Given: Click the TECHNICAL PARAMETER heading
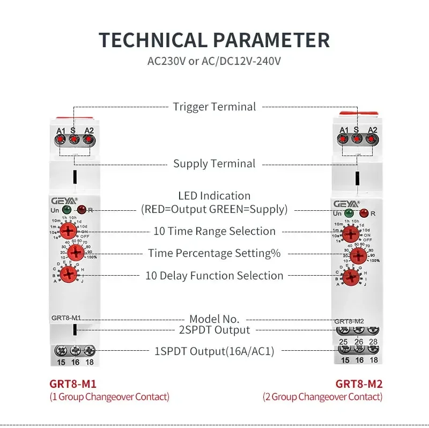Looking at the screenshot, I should point(214,41).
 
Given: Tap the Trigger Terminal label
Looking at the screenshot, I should point(214,107).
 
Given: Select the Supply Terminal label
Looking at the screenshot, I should point(214,164).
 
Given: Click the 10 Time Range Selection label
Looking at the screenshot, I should point(214,231).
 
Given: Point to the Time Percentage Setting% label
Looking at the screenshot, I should point(214,253).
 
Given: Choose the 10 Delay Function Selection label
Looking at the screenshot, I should point(214,276).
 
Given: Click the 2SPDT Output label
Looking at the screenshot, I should point(214,330).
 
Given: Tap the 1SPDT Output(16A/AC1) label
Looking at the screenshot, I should point(214,351).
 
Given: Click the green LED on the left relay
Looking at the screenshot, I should point(66,210).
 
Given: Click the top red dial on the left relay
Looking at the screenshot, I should point(68,231).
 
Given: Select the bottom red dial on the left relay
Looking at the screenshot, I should point(68,275).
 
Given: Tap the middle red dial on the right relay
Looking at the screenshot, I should point(359,256).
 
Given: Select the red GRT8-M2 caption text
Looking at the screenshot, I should point(359,384).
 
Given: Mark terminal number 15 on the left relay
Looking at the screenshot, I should point(61,363).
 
